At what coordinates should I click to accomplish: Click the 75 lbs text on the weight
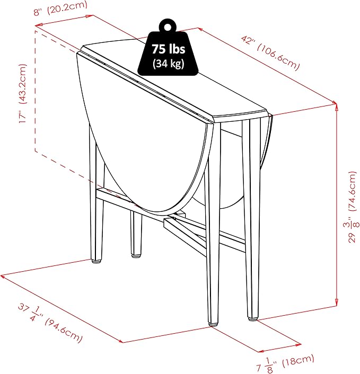[169, 49]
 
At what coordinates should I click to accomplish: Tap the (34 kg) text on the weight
[169, 64]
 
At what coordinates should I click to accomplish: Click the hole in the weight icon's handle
[168, 26]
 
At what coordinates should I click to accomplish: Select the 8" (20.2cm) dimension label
[60, 8]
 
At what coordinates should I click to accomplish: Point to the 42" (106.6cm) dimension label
[270, 53]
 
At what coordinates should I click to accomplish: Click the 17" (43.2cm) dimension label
[23, 93]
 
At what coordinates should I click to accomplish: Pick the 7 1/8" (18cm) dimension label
[285, 363]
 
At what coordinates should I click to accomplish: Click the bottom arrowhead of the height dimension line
[336, 304]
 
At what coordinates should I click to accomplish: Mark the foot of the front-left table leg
[97, 261]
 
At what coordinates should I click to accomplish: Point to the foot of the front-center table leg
[212, 324]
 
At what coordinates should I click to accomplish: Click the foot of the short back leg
[136, 255]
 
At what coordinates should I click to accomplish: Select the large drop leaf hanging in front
[143, 133]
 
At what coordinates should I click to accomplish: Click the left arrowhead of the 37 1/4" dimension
[3, 277]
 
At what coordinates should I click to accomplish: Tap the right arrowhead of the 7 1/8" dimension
[298, 344]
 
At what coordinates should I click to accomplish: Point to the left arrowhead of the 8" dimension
[38, 25]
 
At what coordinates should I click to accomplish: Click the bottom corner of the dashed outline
[36, 151]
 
